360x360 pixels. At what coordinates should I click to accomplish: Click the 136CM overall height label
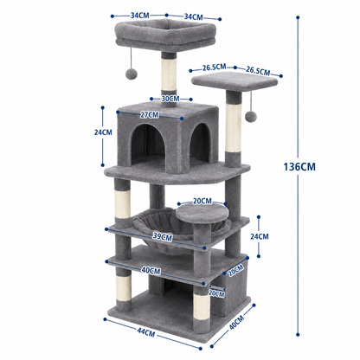[x=299, y=167]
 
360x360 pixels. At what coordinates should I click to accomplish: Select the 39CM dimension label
[x=163, y=236]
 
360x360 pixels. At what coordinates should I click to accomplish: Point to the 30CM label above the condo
[x=170, y=99]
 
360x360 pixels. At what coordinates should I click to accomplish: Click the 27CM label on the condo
[x=150, y=115]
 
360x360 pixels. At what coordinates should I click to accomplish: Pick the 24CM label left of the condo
[x=103, y=132]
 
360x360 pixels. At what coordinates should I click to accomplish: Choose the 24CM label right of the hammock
[x=260, y=236]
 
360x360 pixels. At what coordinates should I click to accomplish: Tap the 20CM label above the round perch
[x=202, y=201]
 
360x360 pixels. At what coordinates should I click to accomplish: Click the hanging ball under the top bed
[x=132, y=74]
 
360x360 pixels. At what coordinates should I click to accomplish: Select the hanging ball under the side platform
[x=251, y=116]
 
